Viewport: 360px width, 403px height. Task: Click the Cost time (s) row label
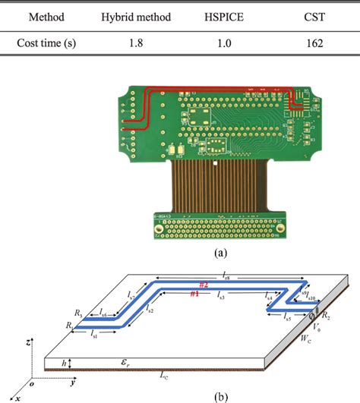(x=47, y=45)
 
